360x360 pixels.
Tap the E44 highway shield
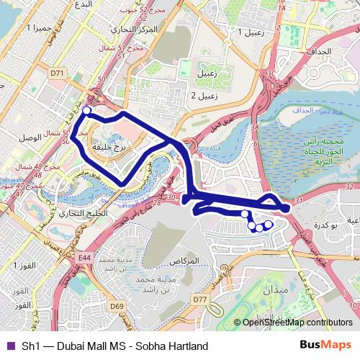click(x=85, y=257)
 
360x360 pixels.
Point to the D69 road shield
click(x=116, y=307)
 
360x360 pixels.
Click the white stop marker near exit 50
click(x=86, y=110)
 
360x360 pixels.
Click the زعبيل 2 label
click(x=204, y=95)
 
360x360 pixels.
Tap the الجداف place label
click(x=323, y=52)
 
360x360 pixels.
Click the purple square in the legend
click(x=9, y=346)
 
